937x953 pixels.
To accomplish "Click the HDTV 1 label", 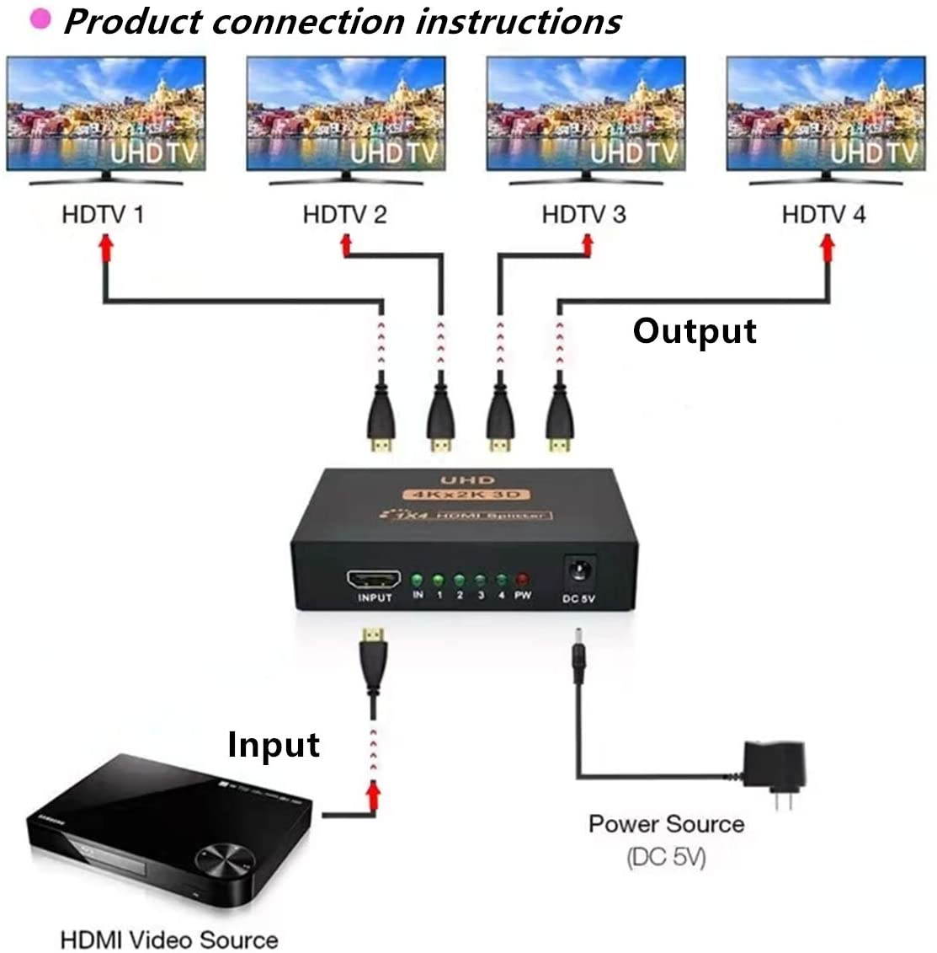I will pos(103,214).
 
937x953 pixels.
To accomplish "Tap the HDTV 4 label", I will pos(823,214).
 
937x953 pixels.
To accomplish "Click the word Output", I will pos(695,330).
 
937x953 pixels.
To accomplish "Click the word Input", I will pos(274,745).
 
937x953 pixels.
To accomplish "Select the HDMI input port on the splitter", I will pos(374,580).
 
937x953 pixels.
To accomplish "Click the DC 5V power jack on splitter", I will pos(579,571).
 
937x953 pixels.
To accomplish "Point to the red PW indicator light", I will pos(522,580).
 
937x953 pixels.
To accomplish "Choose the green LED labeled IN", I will pos(418,580).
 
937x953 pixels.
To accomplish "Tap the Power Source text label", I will pos(666,823).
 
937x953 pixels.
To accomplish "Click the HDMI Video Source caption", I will pos(169,939).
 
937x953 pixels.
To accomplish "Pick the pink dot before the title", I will pos(40,19).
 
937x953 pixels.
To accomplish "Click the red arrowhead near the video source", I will pos(372,791).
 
